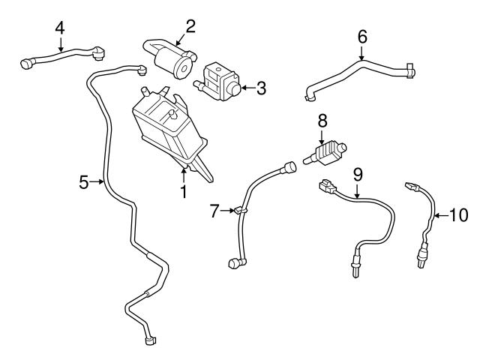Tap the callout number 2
(190, 27)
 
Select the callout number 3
(261, 88)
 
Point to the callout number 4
(59, 28)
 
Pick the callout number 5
(84, 181)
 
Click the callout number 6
(362, 35)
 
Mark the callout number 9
(358, 175)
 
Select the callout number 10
(457, 215)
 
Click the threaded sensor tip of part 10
(418, 261)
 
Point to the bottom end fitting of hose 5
(151, 341)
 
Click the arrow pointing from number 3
(245, 88)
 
